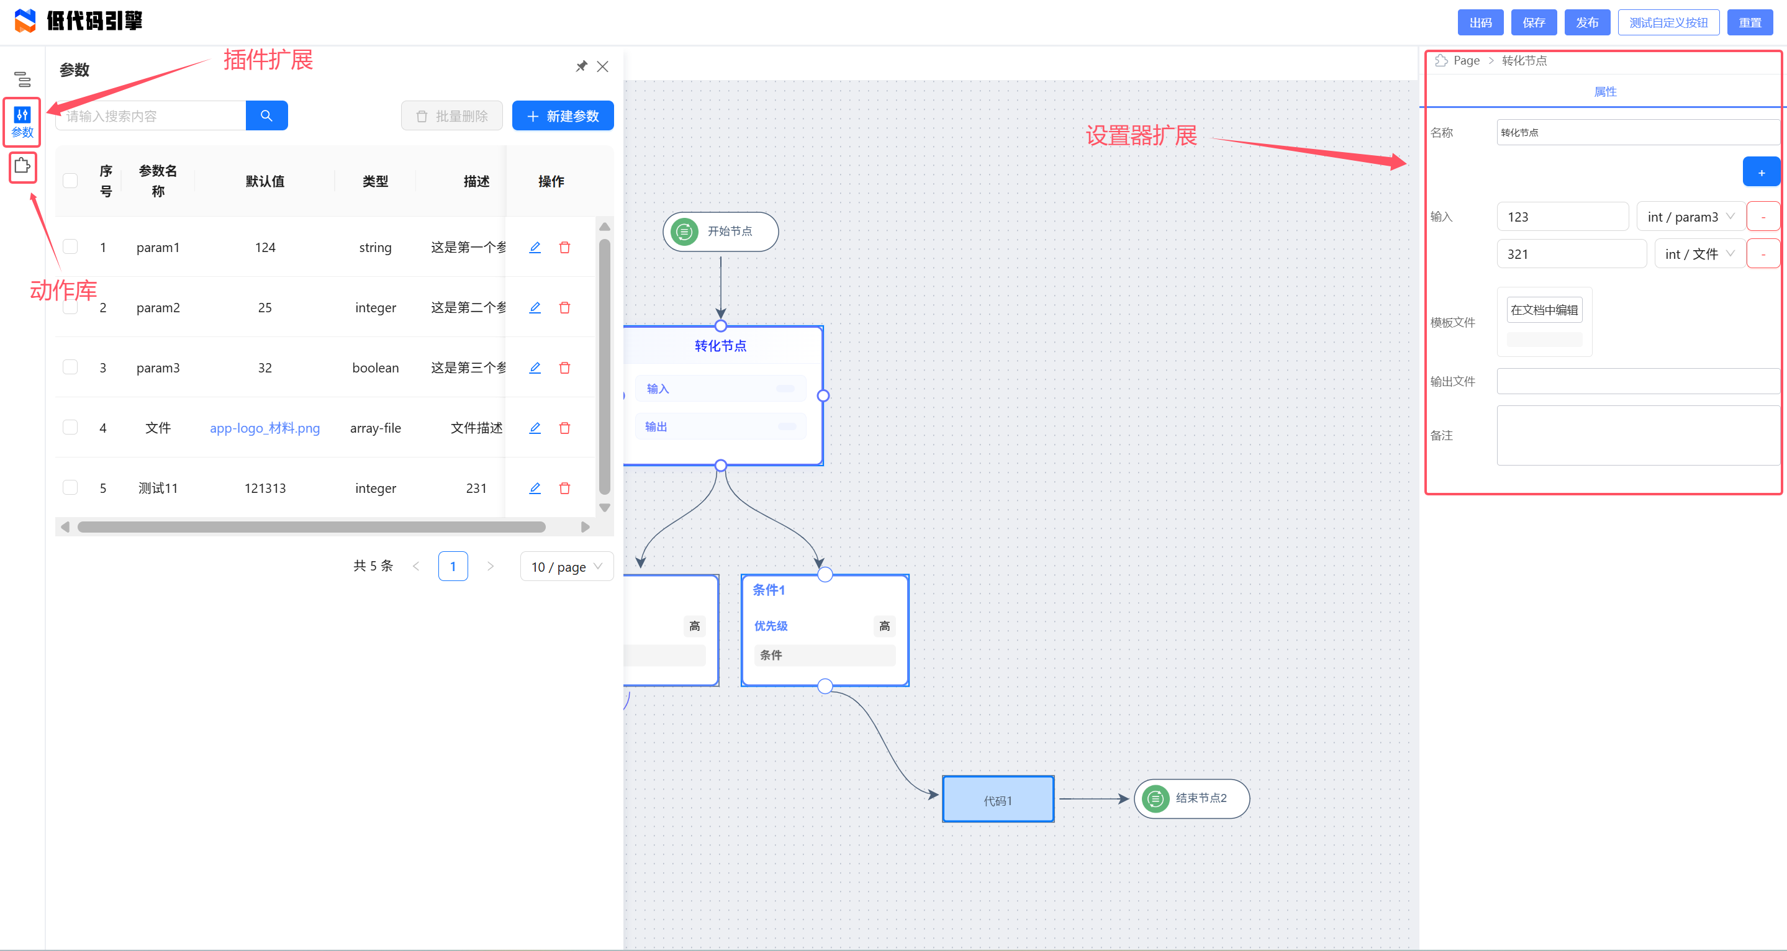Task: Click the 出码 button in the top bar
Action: click(1480, 22)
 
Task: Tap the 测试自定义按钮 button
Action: click(1668, 22)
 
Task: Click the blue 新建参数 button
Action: click(563, 116)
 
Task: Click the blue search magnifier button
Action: click(266, 116)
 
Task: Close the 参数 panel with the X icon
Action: click(602, 66)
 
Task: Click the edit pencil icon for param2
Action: click(535, 307)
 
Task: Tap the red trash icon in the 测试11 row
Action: click(564, 489)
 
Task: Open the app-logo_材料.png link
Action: click(265, 428)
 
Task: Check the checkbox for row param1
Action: click(70, 247)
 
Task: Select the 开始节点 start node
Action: click(720, 232)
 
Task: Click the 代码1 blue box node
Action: click(998, 800)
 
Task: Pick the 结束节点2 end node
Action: click(1191, 798)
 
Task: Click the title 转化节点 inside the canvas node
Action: click(720, 345)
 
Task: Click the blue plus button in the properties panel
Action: click(1761, 173)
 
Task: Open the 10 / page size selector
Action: click(566, 567)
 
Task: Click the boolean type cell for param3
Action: click(375, 367)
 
